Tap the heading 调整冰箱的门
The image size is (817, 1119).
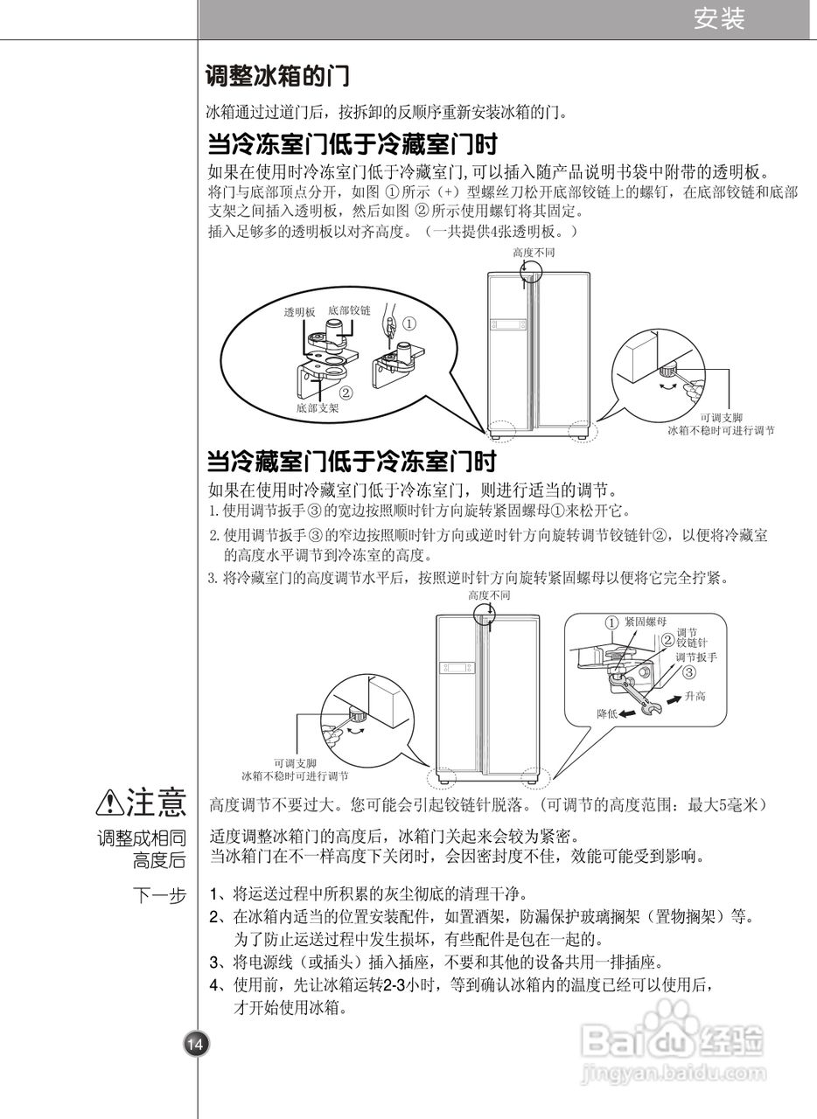point(277,76)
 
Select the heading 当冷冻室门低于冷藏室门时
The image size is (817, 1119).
point(358,142)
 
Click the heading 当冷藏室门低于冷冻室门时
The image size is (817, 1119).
point(357,461)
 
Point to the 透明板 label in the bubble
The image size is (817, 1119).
point(299,312)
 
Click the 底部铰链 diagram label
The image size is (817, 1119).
point(349,310)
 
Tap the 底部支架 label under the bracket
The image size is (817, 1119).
point(317,407)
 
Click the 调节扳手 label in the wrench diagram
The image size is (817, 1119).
point(696,657)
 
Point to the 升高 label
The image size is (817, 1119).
point(695,696)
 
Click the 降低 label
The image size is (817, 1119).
point(608,713)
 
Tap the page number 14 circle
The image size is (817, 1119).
point(194,1044)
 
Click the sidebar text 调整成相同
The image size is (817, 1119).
point(141,838)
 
